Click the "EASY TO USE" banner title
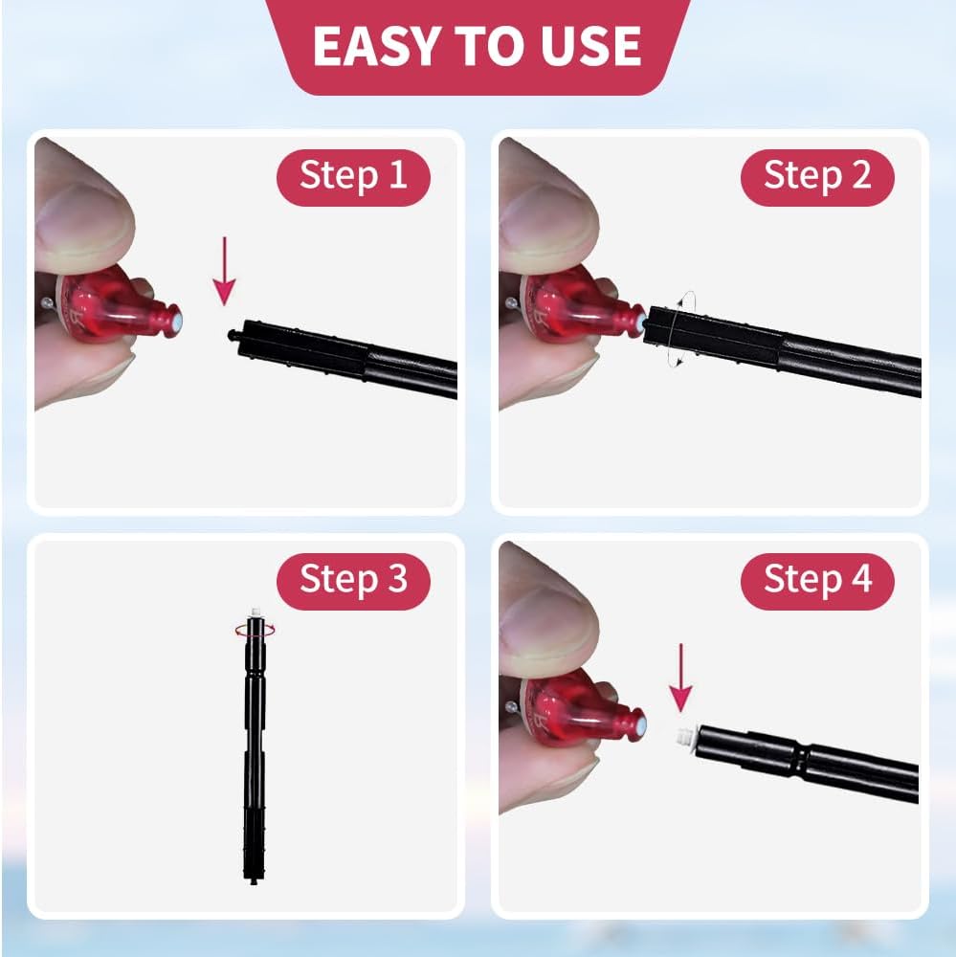[x=477, y=46]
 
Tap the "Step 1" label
[x=353, y=175]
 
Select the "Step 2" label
[x=817, y=175]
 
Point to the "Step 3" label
[x=353, y=579]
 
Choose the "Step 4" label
[x=817, y=579]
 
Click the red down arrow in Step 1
[x=225, y=271]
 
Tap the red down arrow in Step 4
[x=680, y=678]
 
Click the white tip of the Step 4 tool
[x=685, y=737]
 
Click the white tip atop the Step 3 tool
[x=255, y=612]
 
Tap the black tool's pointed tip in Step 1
[x=231, y=334]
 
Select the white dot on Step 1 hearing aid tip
[x=175, y=321]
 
